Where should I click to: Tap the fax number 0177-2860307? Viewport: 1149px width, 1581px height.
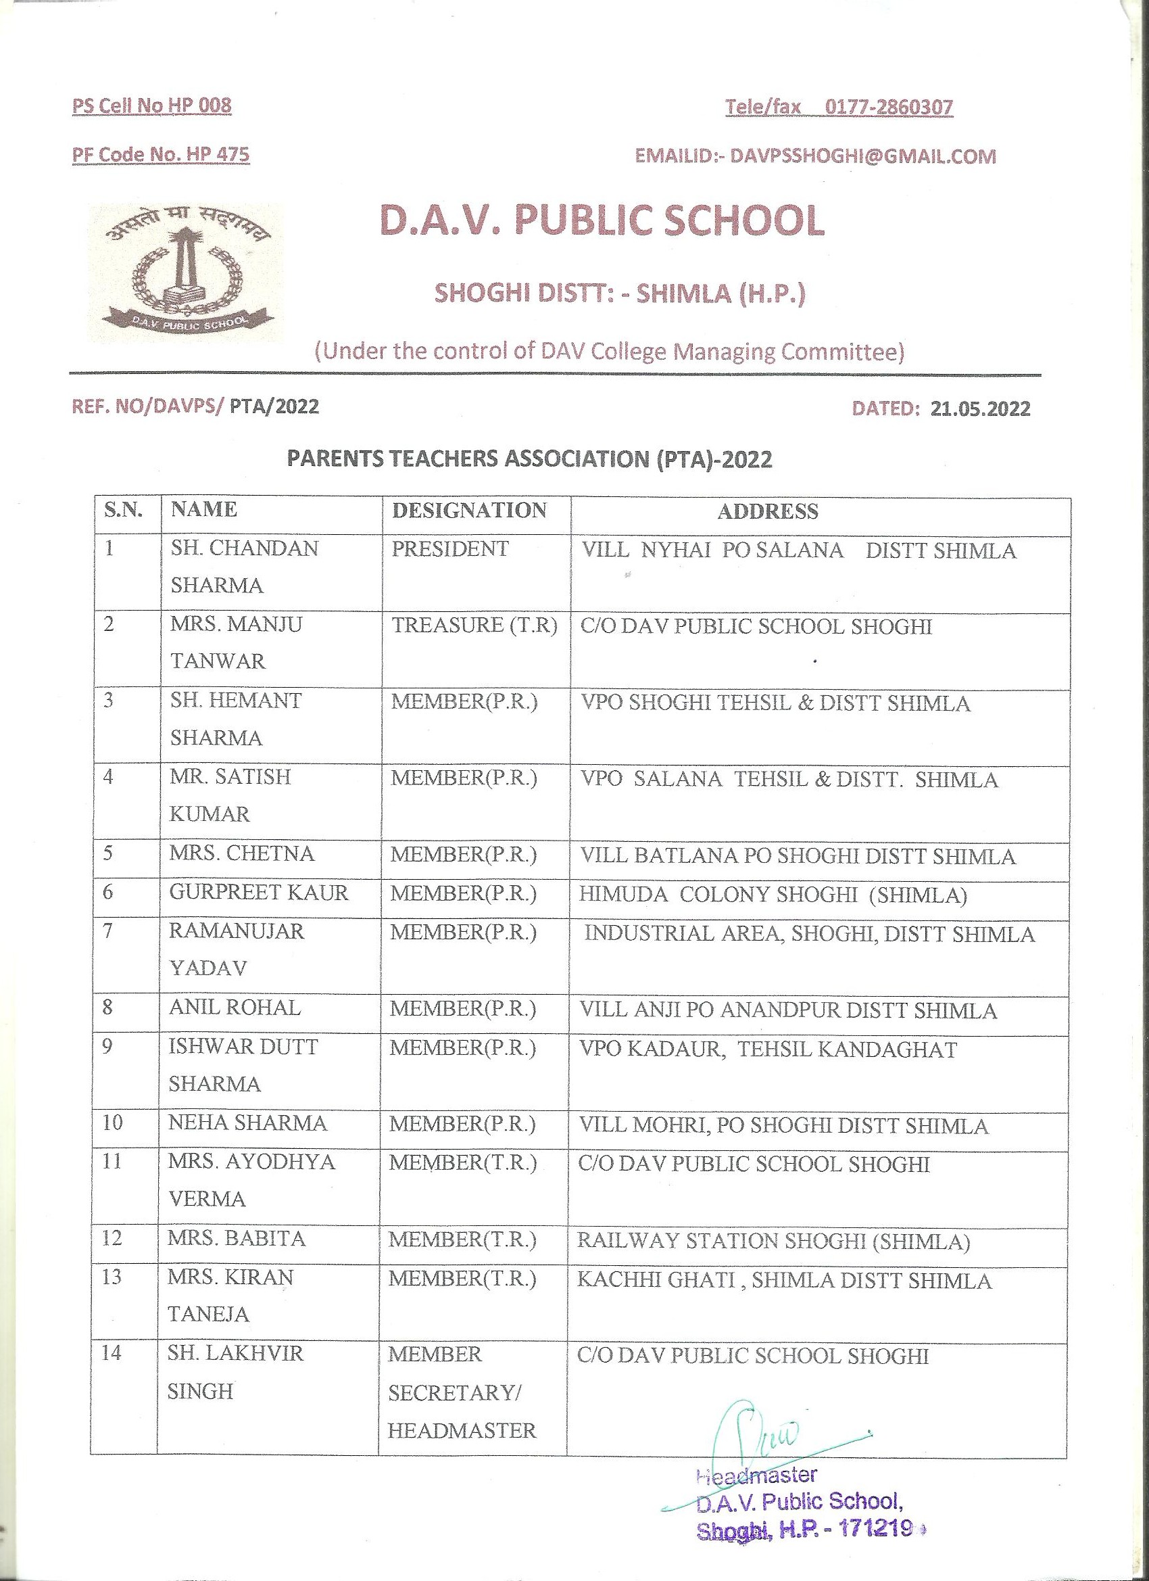pyautogui.click(x=888, y=108)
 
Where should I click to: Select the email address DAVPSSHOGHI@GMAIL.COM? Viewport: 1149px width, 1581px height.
pyautogui.click(x=862, y=156)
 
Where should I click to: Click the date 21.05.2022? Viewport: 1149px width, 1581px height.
pyautogui.click(x=979, y=408)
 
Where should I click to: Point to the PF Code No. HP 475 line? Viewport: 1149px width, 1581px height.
pyautogui.click(x=161, y=154)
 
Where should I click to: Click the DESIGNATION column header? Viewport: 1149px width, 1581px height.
pyautogui.click(x=469, y=511)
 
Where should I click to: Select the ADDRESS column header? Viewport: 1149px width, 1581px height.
pyautogui.click(x=767, y=512)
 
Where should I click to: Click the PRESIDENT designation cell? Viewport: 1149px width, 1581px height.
pyautogui.click(x=450, y=548)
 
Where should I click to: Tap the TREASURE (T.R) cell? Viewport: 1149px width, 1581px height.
pyautogui.click(x=474, y=626)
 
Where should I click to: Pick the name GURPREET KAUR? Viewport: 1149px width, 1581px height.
pyautogui.click(x=258, y=893)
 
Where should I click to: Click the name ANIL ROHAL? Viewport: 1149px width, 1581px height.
pyautogui.click(x=235, y=1008)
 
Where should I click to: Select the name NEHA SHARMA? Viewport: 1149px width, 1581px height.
pyautogui.click(x=247, y=1123)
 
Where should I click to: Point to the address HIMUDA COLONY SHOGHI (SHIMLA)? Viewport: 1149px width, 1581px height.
pyautogui.click(x=773, y=895)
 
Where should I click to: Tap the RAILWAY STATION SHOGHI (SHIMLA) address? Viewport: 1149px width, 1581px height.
pyautogui.click(x=773, y=1242)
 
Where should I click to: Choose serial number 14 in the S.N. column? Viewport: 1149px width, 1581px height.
pyautogui.click(x=111, y=1353)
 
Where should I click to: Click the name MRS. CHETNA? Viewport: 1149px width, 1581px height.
pyautogui.click(x=242, y=854)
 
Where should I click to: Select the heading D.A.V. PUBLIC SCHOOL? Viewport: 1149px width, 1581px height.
pyautogui.click(x=602, y=220)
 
